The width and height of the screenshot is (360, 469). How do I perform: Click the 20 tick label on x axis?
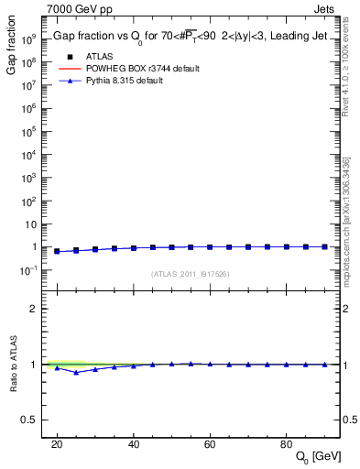click(57, 443)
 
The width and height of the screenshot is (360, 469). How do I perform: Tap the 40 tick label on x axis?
click(134, 443)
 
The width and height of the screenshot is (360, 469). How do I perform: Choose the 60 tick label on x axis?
click(210, 443)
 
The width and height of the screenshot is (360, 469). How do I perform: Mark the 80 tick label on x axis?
click(286, 443)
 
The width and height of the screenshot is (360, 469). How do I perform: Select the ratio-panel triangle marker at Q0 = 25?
click(76, 372)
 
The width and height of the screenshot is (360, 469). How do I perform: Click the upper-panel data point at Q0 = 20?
click(57, 251)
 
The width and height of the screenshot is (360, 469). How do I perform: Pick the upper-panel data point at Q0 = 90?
click(324, 246)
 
